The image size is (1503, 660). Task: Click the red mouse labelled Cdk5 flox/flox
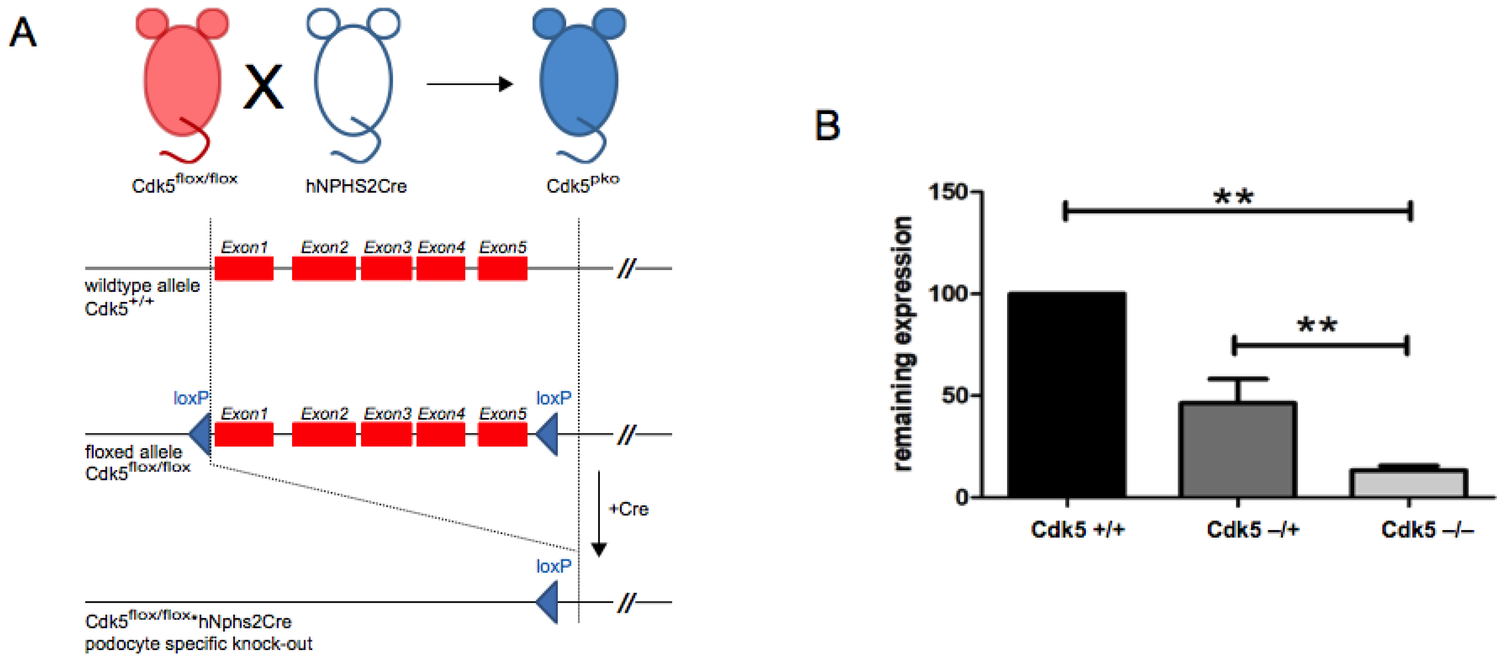[x=182, y=82]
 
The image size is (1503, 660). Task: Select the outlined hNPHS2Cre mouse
[x=353, y=82]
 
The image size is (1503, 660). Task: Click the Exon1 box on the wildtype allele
[x=244, y=269]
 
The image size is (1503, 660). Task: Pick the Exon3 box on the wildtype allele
[x=386, y=269]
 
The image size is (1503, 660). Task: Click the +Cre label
[x=628, y=509]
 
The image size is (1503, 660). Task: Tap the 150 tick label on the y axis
[x=948, y=192]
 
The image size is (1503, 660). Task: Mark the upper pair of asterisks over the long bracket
[x=1233, y=197]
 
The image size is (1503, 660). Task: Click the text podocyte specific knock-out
[x=198, y=644]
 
